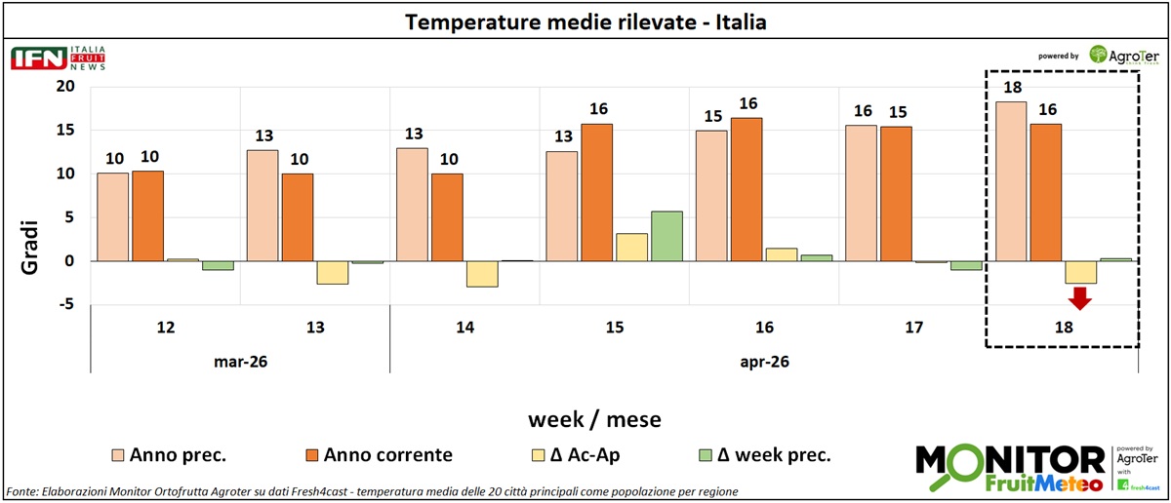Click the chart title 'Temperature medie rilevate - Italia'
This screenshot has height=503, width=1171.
[x=585, y=21]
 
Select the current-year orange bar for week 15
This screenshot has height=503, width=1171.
[x=597, y=192]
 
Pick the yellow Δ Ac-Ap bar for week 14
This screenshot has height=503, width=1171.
[x=482, y=274]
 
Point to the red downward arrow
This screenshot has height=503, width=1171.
[x=1080, y=298]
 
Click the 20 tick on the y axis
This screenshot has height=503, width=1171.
[x=65, y=86]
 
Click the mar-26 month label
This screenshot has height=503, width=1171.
[x=240, y=361]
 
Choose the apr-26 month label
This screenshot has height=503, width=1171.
[x=764, y=361]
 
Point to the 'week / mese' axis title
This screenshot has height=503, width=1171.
[x=594, y=419]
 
